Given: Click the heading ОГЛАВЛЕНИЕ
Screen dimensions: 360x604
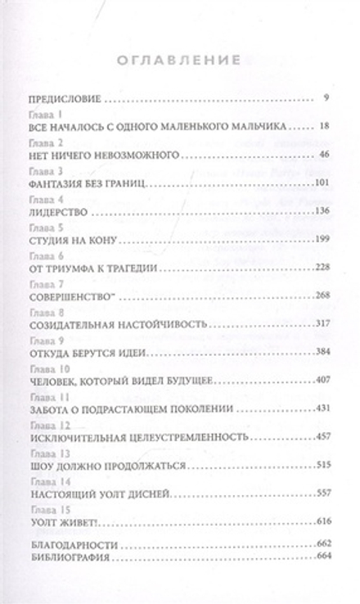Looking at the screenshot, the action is coord(179,60).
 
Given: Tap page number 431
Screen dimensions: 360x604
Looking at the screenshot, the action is coord(322,408).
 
